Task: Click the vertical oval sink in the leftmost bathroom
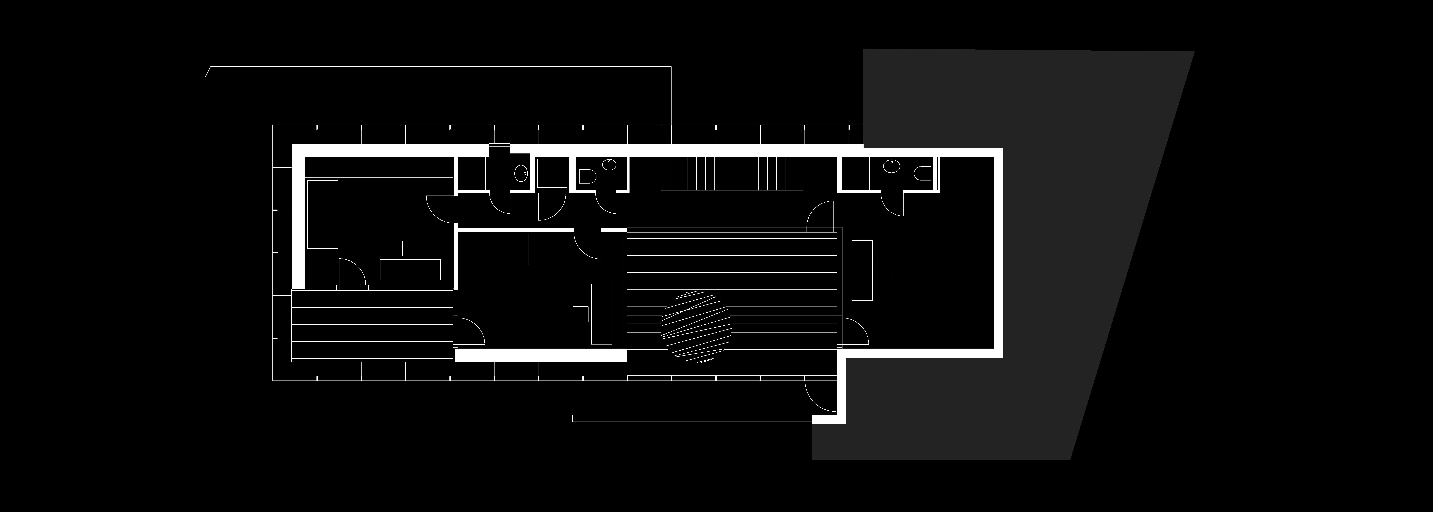click(522, 174)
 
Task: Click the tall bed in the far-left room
click(323, 214)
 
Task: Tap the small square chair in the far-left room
click(410, 248)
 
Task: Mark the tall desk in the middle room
click(601, 314)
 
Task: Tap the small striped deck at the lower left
click(373, 326)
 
